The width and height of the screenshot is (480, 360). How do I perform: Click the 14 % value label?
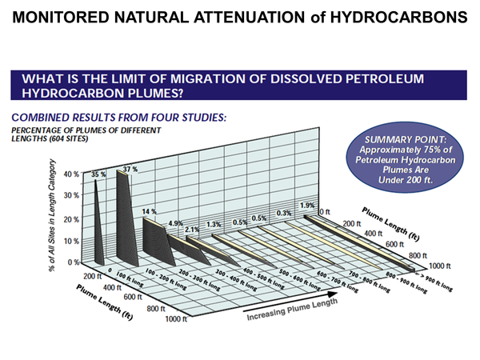click(150, 211)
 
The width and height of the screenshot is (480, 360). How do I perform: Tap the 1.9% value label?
click(306, 205)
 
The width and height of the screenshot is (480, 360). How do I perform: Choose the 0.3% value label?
click(283, 214)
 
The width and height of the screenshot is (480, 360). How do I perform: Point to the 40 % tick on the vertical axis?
click(70, 174)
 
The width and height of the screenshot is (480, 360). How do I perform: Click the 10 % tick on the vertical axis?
click(70, 241)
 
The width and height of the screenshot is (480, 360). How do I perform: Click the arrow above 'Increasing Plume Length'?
click(287, 304)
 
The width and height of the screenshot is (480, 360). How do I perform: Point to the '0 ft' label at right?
click(326, 211)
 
